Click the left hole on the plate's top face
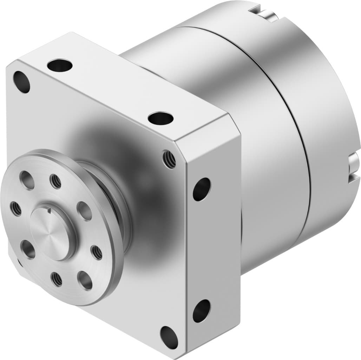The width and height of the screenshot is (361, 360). click(x=60, y=65)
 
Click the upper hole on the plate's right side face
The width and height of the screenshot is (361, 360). click(x=202, y=189)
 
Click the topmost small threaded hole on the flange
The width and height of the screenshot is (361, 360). click(x=55, y=181)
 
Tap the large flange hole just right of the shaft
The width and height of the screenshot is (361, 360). click(x=84, y=211)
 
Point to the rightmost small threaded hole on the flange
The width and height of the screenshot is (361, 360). click(x=96, y=252)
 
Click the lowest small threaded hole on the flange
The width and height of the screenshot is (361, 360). click(x=56, y=279)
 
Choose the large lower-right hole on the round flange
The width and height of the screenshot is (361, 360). click(x=85, y=280)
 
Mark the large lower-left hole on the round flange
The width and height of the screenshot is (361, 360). click(x=28, y=249)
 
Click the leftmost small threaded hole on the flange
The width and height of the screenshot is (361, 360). click(x=15, y=209)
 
